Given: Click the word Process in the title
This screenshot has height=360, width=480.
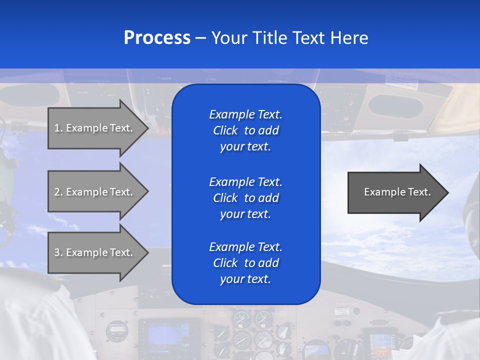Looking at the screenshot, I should click(157, 38).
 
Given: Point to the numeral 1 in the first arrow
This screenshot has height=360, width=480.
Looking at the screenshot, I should click(57, 128).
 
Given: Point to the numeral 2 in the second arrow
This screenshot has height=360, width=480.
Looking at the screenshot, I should click(57, 192).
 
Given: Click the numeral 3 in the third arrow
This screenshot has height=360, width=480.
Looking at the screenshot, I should click(57, 252).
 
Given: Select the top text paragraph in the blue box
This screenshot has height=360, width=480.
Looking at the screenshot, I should click(245, 130).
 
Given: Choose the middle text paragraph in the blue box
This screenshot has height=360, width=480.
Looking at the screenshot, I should click(245, 198).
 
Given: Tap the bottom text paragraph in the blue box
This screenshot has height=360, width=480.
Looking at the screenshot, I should click(245, 263).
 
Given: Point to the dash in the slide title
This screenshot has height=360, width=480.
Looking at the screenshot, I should click(200, 38).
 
